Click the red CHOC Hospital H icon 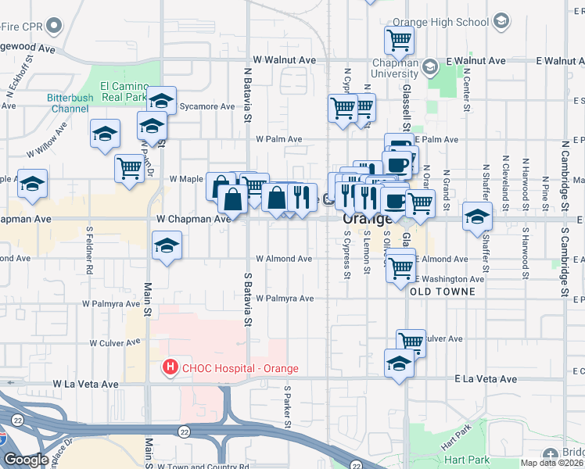coord(168,367)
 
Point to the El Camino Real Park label coord(124,91)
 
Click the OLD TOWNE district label coord(442,291)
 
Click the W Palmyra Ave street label coord(285,299)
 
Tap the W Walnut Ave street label coord(285,59)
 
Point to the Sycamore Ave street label coord(206,106)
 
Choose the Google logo coord(26,460)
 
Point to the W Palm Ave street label coord(278,139)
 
